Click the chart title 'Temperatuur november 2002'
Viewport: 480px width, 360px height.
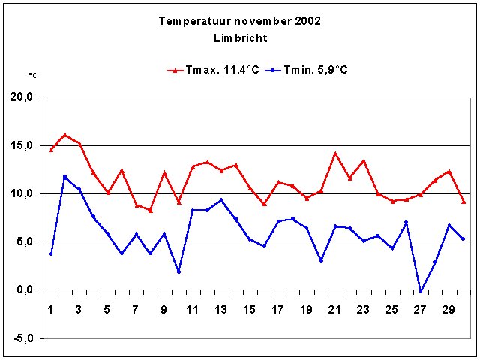(240, 21)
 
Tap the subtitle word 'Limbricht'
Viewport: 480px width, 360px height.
(240, 37)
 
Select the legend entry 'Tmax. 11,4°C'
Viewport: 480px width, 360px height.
(213, 70)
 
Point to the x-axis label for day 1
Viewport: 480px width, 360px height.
(51, 309)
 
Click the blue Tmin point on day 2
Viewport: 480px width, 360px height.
(65, 177)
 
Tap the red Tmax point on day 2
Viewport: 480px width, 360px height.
(65, 135)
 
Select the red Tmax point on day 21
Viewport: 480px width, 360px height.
(335, 154)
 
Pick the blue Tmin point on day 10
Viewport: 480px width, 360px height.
(178, 271)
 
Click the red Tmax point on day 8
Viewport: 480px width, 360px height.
(150, 210)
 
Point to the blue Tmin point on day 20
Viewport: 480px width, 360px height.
(321, 260)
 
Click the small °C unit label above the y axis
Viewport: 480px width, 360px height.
(33, 75)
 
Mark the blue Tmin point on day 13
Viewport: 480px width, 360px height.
(221, 200)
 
